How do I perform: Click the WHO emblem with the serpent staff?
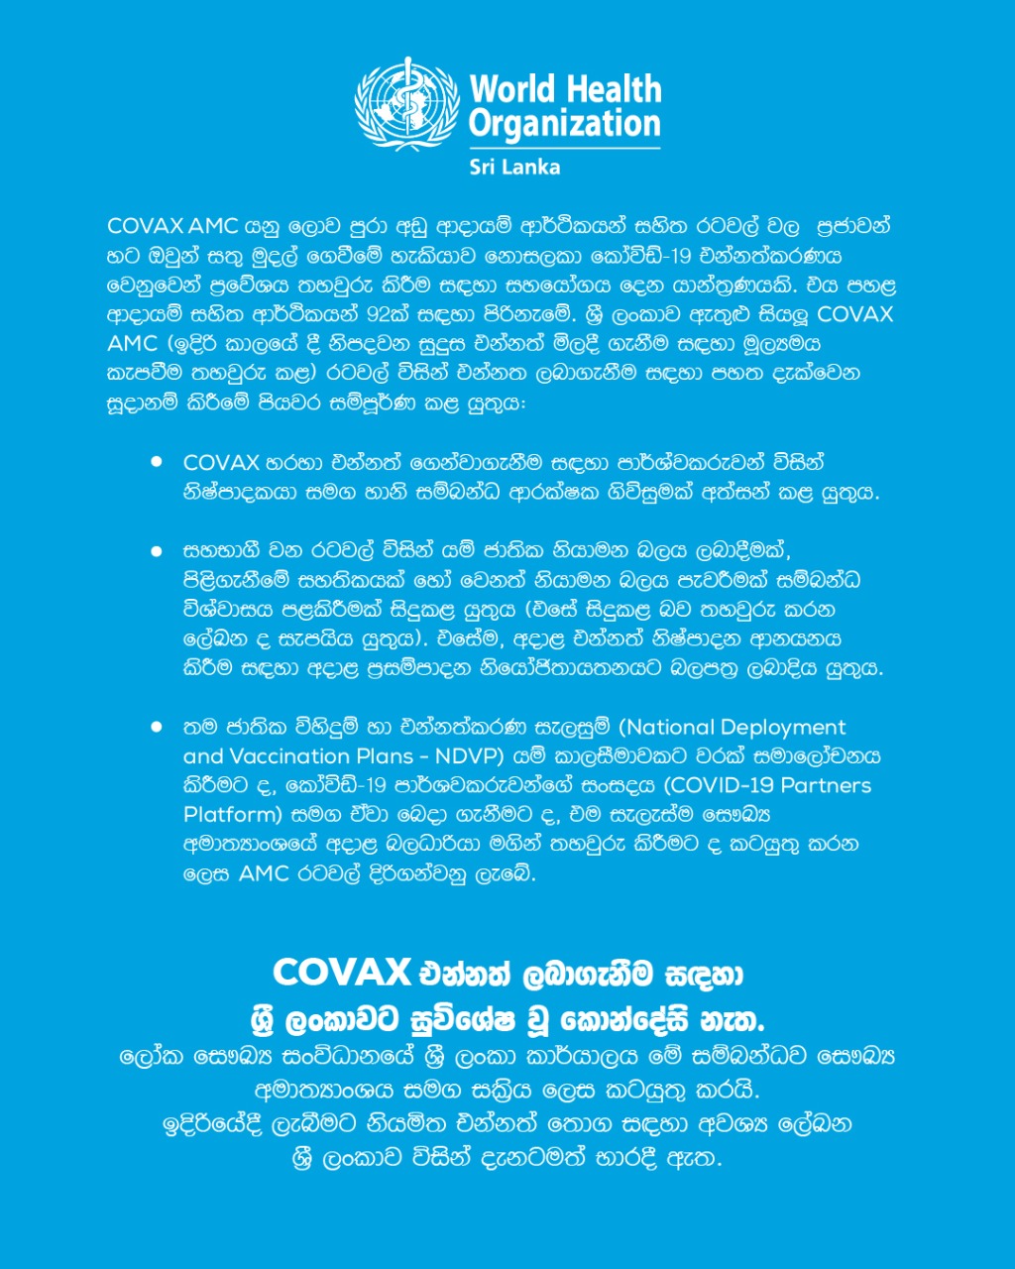[x=406, y=103]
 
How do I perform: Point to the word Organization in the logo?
[x=564, y=125]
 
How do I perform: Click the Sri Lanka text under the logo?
[x=514, y=167]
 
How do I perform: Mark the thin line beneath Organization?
[x=564, y=149]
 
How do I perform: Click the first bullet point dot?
[x=157, y=462]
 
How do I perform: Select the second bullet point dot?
[x=157, y=550]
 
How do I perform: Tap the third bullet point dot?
[x=157, y=727]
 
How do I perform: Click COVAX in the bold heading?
[x=341, y=973]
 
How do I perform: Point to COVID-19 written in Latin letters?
[x=721, y=785]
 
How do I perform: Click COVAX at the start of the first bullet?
[x=221, y=462]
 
